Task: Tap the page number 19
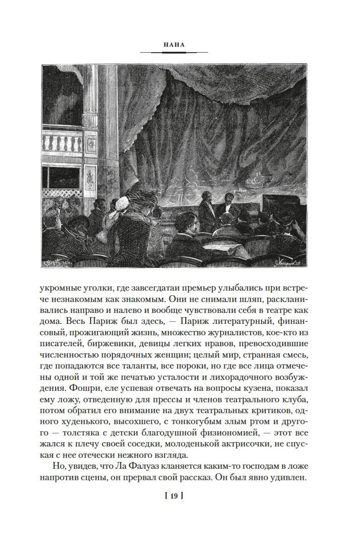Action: [x=174, y=496]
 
